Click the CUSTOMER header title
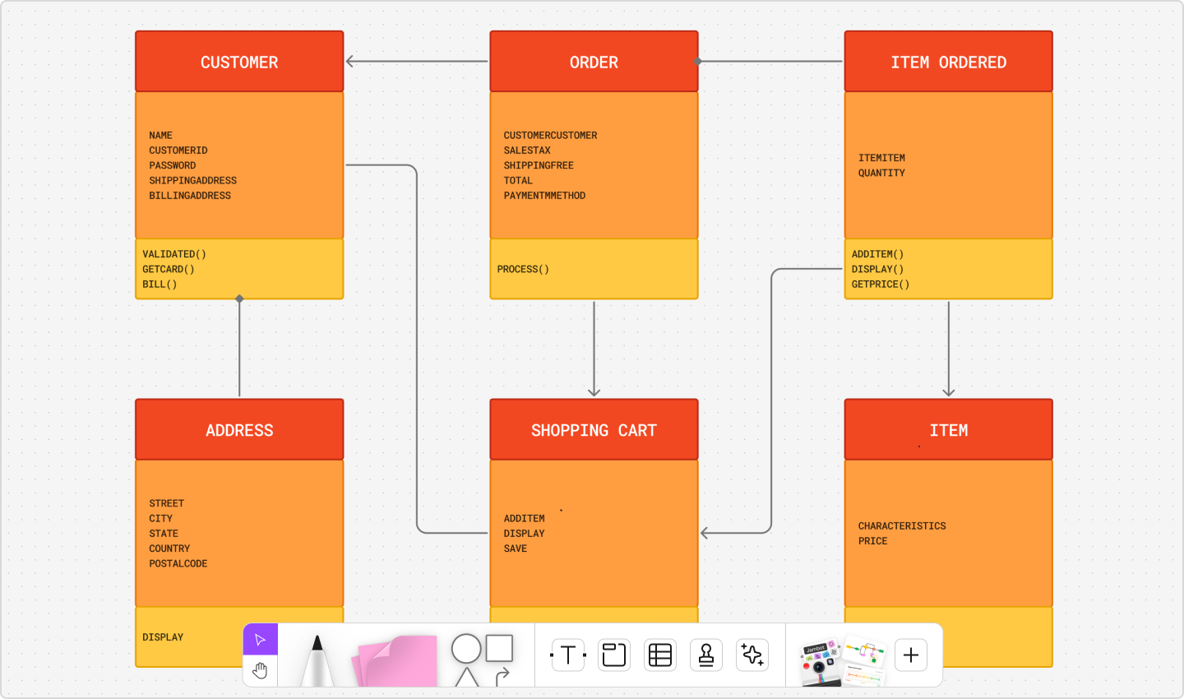pos(239,62)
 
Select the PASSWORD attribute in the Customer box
pos(173,165)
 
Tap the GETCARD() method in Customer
pos(168,269)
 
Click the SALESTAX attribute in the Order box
pos(527,150)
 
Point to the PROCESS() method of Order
pos(523,269)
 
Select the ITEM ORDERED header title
pos(948,62)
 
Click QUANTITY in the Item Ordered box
pos(881,173)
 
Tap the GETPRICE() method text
pos(880,285)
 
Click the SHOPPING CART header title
pos(594,430)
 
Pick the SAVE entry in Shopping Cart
pos(516,549)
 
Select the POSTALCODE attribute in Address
pos(178,563)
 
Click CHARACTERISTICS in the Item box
pos(902,525)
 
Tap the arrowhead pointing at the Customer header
pos(350,62)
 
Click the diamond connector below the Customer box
pos(239,299)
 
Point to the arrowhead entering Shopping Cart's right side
pos(705,533)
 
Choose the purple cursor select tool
pos(261,640)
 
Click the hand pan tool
pos(261,671)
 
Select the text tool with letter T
pos(568,655)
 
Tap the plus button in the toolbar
pos(911,655)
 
